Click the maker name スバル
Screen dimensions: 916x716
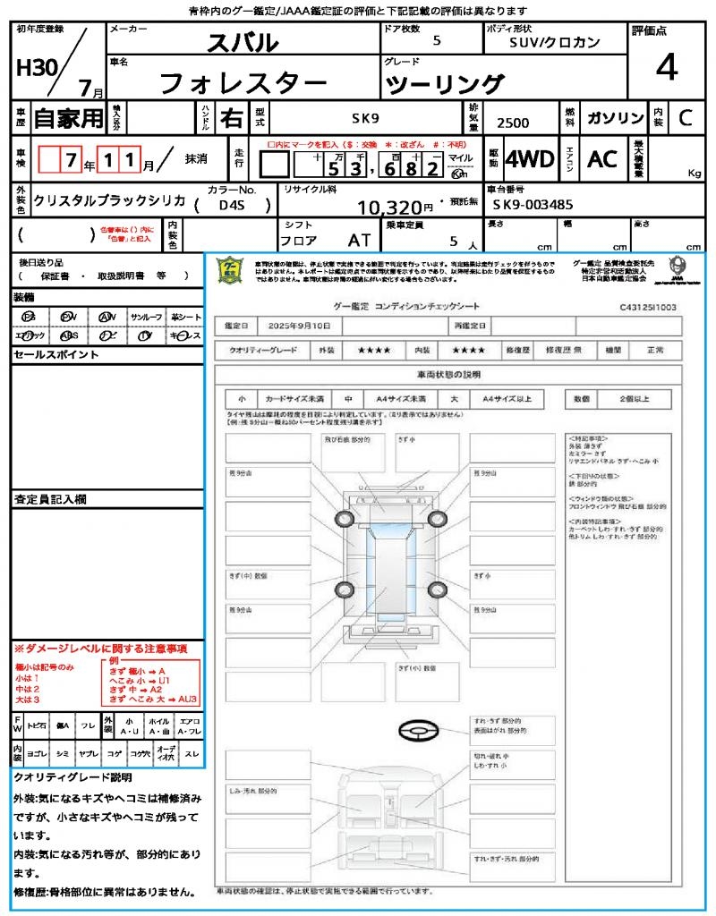click(243, 42)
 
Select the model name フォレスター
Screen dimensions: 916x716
click(243, 83)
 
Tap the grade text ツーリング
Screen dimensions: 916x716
click(444, 85)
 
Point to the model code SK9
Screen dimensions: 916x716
click(364, 118)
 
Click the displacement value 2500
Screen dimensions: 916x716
click(512, 123)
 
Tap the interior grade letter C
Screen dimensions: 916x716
click(685, 118)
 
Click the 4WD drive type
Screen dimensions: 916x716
click(529, 159)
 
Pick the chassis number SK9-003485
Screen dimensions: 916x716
click(533, 205)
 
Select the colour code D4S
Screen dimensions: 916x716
click(232, 205)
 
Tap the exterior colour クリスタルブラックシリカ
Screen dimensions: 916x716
click(109, 201)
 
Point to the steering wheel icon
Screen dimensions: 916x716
click(419, 732)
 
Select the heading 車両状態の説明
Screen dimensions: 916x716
click(448, 374)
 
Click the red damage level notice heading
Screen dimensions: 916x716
click(100, 648)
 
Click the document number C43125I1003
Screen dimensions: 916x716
click(647, 307)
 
